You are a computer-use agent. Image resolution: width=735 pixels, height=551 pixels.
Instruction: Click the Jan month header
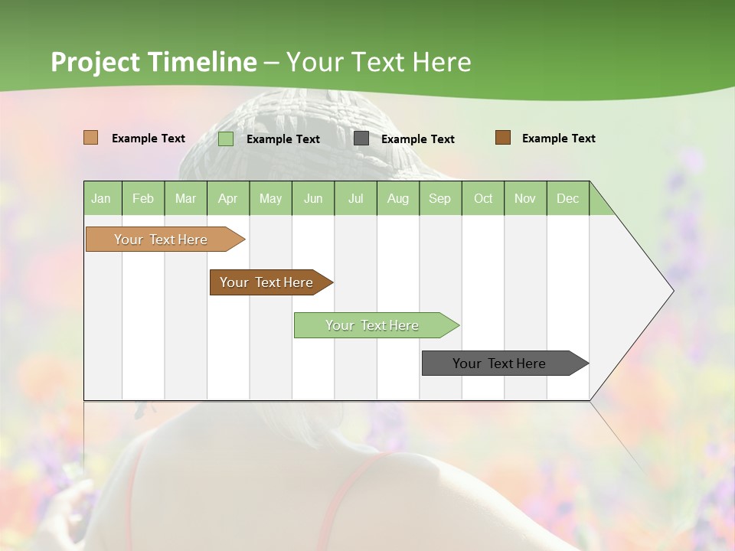click(102, 198)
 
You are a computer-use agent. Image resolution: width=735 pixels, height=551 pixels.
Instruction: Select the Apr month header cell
click(228, 198)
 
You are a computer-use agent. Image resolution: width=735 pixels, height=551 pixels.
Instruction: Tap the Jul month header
click(356, 198)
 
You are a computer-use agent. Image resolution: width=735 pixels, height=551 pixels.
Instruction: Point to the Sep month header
click(440, 198)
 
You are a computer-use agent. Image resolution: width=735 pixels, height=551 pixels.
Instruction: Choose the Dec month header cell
click(568, 198)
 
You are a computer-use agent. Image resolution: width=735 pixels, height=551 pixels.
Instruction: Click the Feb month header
click(143, 198)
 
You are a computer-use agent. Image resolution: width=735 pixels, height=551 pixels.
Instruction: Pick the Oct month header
click(483, 198)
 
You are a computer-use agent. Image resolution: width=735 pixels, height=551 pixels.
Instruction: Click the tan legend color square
click(91, 138)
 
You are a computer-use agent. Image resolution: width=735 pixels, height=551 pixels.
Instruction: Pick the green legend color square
click(226, 139)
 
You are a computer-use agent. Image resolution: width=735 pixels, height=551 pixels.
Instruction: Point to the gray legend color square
click(361, 139)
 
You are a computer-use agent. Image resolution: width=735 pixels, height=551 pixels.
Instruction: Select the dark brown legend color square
click(503, 138)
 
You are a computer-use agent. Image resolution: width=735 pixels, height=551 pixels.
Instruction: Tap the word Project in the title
click(96, 62)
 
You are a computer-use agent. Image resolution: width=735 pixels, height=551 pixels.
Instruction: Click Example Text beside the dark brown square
click(558, 139)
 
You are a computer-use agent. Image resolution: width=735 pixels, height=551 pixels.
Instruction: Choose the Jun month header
click(313, 198)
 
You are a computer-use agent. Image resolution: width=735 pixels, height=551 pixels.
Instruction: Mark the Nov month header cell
click(525, 198)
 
